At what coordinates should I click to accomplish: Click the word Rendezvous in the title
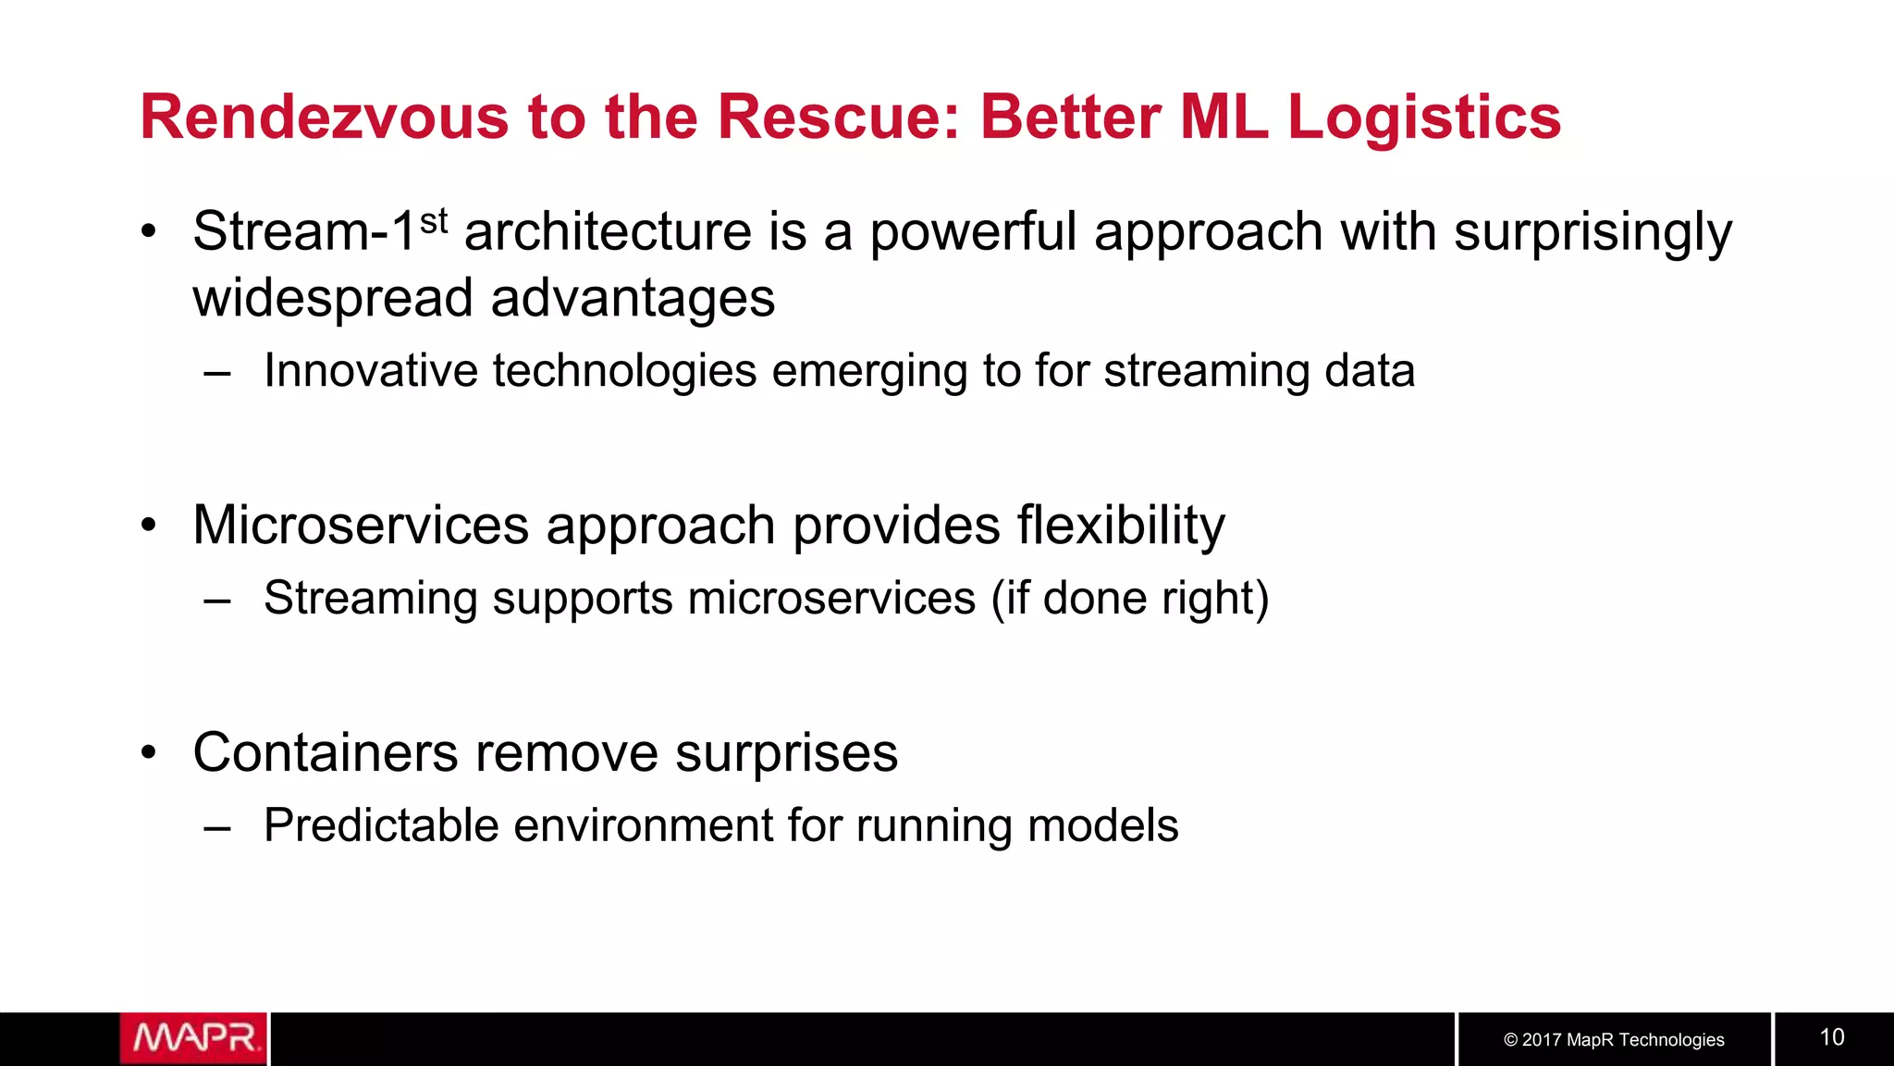click(x=324, y=118)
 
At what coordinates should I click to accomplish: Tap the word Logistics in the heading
click(x=1424, y=118)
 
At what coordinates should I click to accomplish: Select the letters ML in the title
click(x=1224, y=118)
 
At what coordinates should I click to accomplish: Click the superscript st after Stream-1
click(x=434, y=221)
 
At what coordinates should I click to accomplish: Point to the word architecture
click(x=608, y=231)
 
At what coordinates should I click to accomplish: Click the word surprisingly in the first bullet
click(x=1593, y=231)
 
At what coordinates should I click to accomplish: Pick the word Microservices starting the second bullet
click(x=361, y=526)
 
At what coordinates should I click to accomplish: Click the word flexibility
click(x=1121, y=526)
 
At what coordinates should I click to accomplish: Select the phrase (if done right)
click(x=1130, y=598)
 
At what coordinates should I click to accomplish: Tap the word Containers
click(x=326, y=752)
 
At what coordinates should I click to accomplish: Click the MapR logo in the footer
click(x=193, y=1038)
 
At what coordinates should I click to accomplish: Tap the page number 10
click(x=1832, y=1037)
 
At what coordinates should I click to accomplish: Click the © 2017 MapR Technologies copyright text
click(x=1614, y=1039)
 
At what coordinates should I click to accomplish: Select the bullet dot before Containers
click(x=149, y=752)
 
